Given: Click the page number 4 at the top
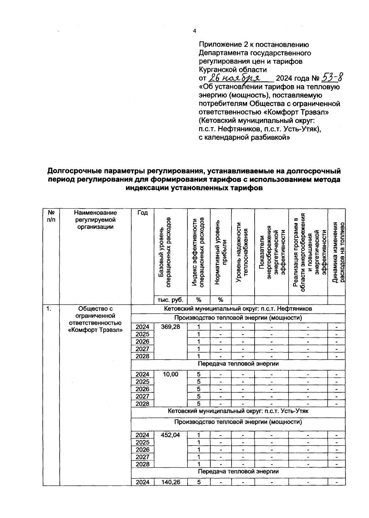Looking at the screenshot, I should (x=194, y=31).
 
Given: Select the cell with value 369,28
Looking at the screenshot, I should (x=171, y=327).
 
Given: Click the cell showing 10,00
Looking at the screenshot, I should (x=171, y=374).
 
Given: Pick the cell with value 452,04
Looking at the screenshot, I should (x=171, y=435).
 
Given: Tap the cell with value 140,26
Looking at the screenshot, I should (x=171, y=482).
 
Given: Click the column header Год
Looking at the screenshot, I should (x=142, y=213).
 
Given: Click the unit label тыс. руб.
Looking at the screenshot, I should (x=171, y=300).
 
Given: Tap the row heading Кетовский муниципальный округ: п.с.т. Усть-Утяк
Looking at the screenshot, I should (x=238, y=411).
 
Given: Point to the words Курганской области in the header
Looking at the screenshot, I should (x=232, y=69).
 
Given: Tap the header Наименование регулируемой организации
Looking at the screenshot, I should (x=95, y=220).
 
